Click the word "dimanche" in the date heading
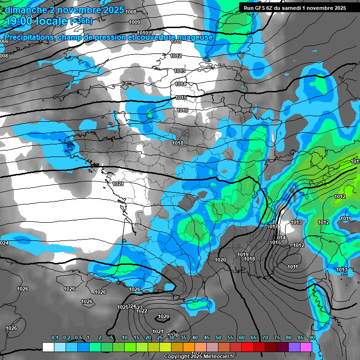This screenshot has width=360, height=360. point(23,10)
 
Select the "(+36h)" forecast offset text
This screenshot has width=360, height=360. point(81,21)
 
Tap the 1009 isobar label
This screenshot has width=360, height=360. point(135,22)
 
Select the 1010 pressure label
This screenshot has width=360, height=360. point(142,33)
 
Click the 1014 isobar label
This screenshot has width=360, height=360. point(180,84)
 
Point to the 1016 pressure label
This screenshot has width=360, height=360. point(182,111)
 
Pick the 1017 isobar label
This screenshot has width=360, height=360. point(272,227)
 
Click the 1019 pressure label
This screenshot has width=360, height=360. point(243,255)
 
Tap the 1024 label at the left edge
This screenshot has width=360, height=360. point(4,243)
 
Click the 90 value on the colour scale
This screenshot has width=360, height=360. point(312,337)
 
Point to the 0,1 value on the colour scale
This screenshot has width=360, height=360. point(55,337)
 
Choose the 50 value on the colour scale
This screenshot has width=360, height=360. point(218,337)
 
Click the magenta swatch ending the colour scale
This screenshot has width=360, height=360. point(306,347)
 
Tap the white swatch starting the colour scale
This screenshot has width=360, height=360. point(48,347)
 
